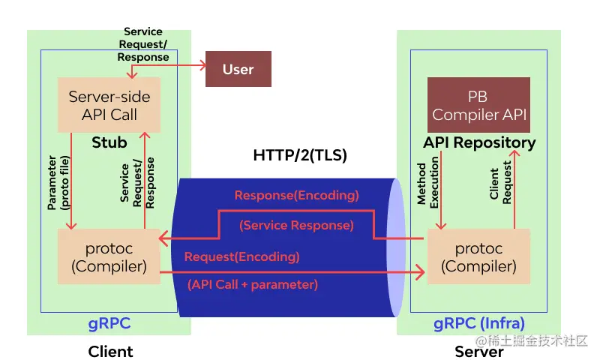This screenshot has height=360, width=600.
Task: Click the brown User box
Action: [x=238, y=70]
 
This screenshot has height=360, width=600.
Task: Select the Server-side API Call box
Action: [x=109, y=106]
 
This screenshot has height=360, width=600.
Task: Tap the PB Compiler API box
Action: [x=478, y=106]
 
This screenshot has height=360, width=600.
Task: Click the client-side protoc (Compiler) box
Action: [x=109, y=257]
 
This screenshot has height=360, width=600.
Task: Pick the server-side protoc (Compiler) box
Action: [x=478, y=257]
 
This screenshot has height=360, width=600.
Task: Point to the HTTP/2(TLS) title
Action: [x=301, y=157]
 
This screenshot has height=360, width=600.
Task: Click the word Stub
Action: [x=109, y=142]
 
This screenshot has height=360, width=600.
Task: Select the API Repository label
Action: [x=479, y=142]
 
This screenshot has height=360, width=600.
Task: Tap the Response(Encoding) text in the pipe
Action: [x=296, y=196]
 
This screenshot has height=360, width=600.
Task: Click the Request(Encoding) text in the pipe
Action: [x=241, y=256]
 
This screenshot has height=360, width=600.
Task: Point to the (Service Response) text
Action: [x=296, y=225]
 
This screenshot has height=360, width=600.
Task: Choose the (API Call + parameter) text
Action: [x=252, y=284]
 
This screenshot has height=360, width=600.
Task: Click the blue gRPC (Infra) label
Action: [x=479, y=324]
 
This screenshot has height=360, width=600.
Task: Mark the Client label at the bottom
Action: [x=110, y=351]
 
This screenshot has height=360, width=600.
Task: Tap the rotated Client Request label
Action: [x=500, y=184]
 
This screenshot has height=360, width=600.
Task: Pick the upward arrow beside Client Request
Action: [x=515, y=187]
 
